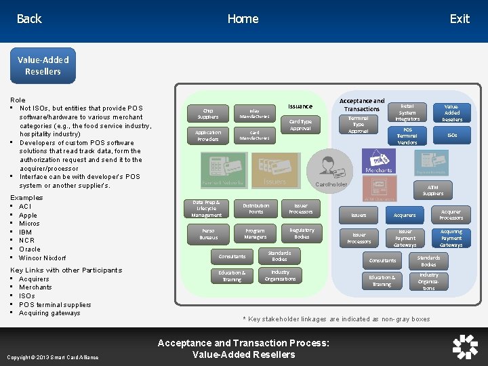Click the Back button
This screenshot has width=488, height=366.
(x=29, y=19)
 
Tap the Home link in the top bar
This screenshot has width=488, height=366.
(x=243, y=19)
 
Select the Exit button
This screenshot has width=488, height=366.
(x=459, y=19)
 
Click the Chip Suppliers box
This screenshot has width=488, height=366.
(x=208, y=113)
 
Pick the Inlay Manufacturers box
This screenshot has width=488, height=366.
(x=254, y=113)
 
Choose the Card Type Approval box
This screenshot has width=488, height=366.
(x=300, y=125)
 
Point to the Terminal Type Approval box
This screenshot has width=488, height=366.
(x=359, y=125)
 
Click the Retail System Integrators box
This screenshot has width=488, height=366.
(x=407, y=113)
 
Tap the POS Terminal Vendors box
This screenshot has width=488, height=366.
(x=407, y=136)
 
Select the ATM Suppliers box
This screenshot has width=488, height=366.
(x=433, y=190)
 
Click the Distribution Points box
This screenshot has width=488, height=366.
(x=256, y=209)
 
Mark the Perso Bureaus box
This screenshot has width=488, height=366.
(x=208, y=235)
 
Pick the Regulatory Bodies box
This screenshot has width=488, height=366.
(x=302, y=234)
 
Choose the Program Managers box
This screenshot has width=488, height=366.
(x=256, y=234)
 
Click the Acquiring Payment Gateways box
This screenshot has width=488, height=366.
(x=451, y=238)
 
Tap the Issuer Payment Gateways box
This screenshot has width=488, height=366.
(x=405, y=238)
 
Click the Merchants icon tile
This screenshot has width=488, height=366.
(x=379, y=161)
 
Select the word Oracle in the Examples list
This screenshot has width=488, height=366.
(x=30, y=249)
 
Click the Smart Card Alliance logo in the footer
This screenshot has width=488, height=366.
(x=465, y=346)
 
